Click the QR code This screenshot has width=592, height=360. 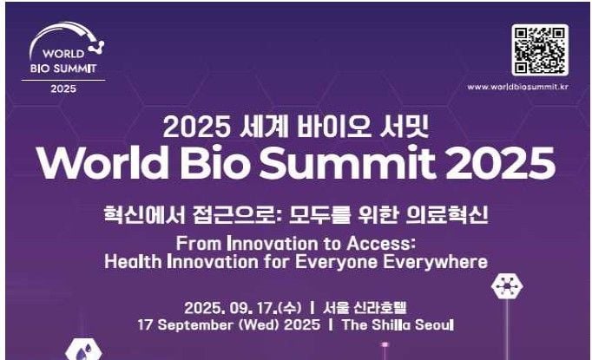tap(540, 49)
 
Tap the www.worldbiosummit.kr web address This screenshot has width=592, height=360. tap(517, 87)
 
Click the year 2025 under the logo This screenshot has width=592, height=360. tap(63, 88)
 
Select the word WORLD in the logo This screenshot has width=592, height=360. tap(63, 54)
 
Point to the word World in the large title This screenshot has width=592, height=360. tap(102, 162)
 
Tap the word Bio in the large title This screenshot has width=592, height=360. tap(214, 162)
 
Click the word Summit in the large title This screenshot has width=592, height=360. tap(347, 162)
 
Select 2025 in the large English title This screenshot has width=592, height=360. tap(500, 162)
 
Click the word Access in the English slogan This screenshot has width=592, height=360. tap(381, 244)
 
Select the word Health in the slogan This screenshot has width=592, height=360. tap(133, 261)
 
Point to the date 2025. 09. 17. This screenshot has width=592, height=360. tap(229, 308)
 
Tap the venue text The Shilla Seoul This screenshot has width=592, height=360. tap(398, 325)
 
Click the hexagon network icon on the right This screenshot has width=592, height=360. tap(507, 286)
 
